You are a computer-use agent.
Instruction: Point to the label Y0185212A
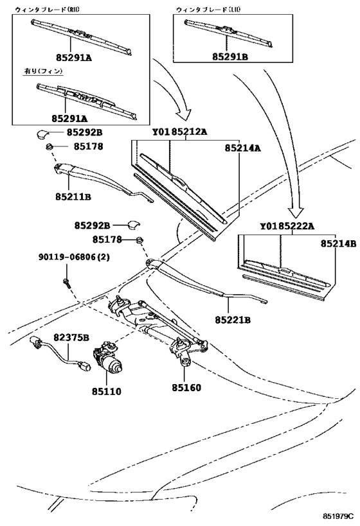coord(180,132)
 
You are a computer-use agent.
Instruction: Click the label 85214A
coord(242,148)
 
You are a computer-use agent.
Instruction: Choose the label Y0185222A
coord(287,225)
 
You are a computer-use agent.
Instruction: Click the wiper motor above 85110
coord(109,360)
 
